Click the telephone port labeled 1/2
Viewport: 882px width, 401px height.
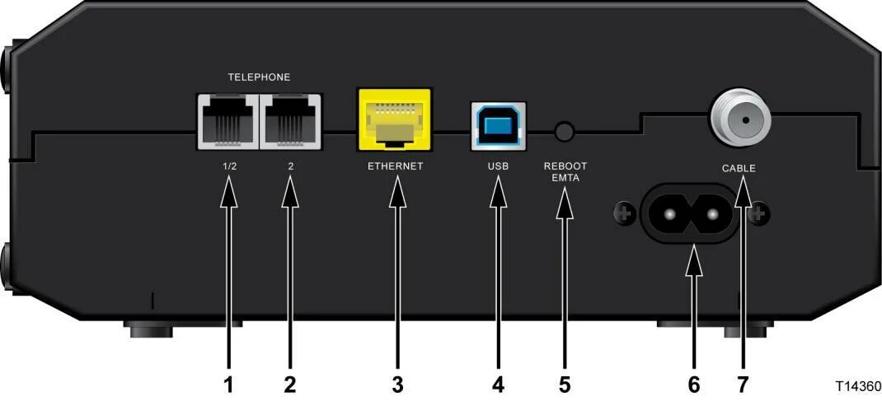click(x=228, y=121)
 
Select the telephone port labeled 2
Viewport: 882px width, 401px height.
click(x=290, y=121)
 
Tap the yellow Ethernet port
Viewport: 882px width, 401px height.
click(x=395, y=120)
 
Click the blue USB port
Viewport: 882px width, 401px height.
click(x=498, y=126)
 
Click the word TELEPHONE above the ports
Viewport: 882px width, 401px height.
click(x=259, y=77)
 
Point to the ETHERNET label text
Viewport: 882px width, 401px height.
click(x=395, y=166)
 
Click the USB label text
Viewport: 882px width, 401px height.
click(x=498, y=166)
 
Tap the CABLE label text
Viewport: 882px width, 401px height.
click(x=739, y=168)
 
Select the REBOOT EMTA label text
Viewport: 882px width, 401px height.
click(x=565, y=170)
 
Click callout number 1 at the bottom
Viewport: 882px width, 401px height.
click(x=228, y=383)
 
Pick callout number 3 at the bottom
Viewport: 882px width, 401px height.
click(x=397, y=383)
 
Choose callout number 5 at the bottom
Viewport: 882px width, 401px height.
click(x=565, y=383)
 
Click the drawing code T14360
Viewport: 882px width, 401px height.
click(x=858, y=385)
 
